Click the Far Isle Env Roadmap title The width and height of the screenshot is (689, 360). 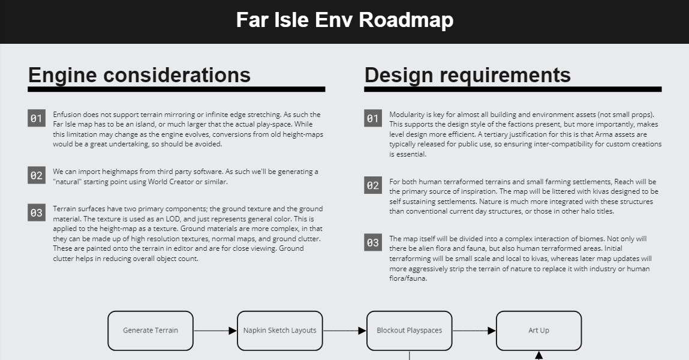(x=344, y=20)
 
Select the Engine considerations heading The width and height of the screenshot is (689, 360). (x=139, y=75)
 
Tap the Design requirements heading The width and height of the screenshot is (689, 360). (x=468, y=75)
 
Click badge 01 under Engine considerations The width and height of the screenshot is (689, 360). (x=37, y=118)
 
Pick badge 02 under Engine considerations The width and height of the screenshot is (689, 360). (x=37, y=175)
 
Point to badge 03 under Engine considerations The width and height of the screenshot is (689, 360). (x=37, y=213)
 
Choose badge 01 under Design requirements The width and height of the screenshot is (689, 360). (x=372, y=118)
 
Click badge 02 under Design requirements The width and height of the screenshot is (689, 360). (x=372, y=185)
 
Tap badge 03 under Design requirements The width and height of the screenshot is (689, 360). (x=372, y=242)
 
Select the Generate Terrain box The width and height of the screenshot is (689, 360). (x=151, y=331)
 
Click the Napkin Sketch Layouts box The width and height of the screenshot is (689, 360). (x=280, y=331)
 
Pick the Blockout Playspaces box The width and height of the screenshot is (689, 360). (x=409, y=331)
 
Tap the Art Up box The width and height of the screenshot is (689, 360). (x=538, y=331)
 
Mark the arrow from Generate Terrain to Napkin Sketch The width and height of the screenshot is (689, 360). (x=215, y=331)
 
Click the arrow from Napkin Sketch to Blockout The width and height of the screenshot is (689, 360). (x=344, y=331)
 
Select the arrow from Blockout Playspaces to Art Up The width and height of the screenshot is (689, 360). (x=474, y=331)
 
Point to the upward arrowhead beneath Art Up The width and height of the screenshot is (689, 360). (x=538, y=355)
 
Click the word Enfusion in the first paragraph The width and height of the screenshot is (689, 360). (x=67, y=115)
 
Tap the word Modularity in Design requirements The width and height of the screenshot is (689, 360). (x=404, y=115)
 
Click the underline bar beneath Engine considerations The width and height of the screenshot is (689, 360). (x=176, y=89)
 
